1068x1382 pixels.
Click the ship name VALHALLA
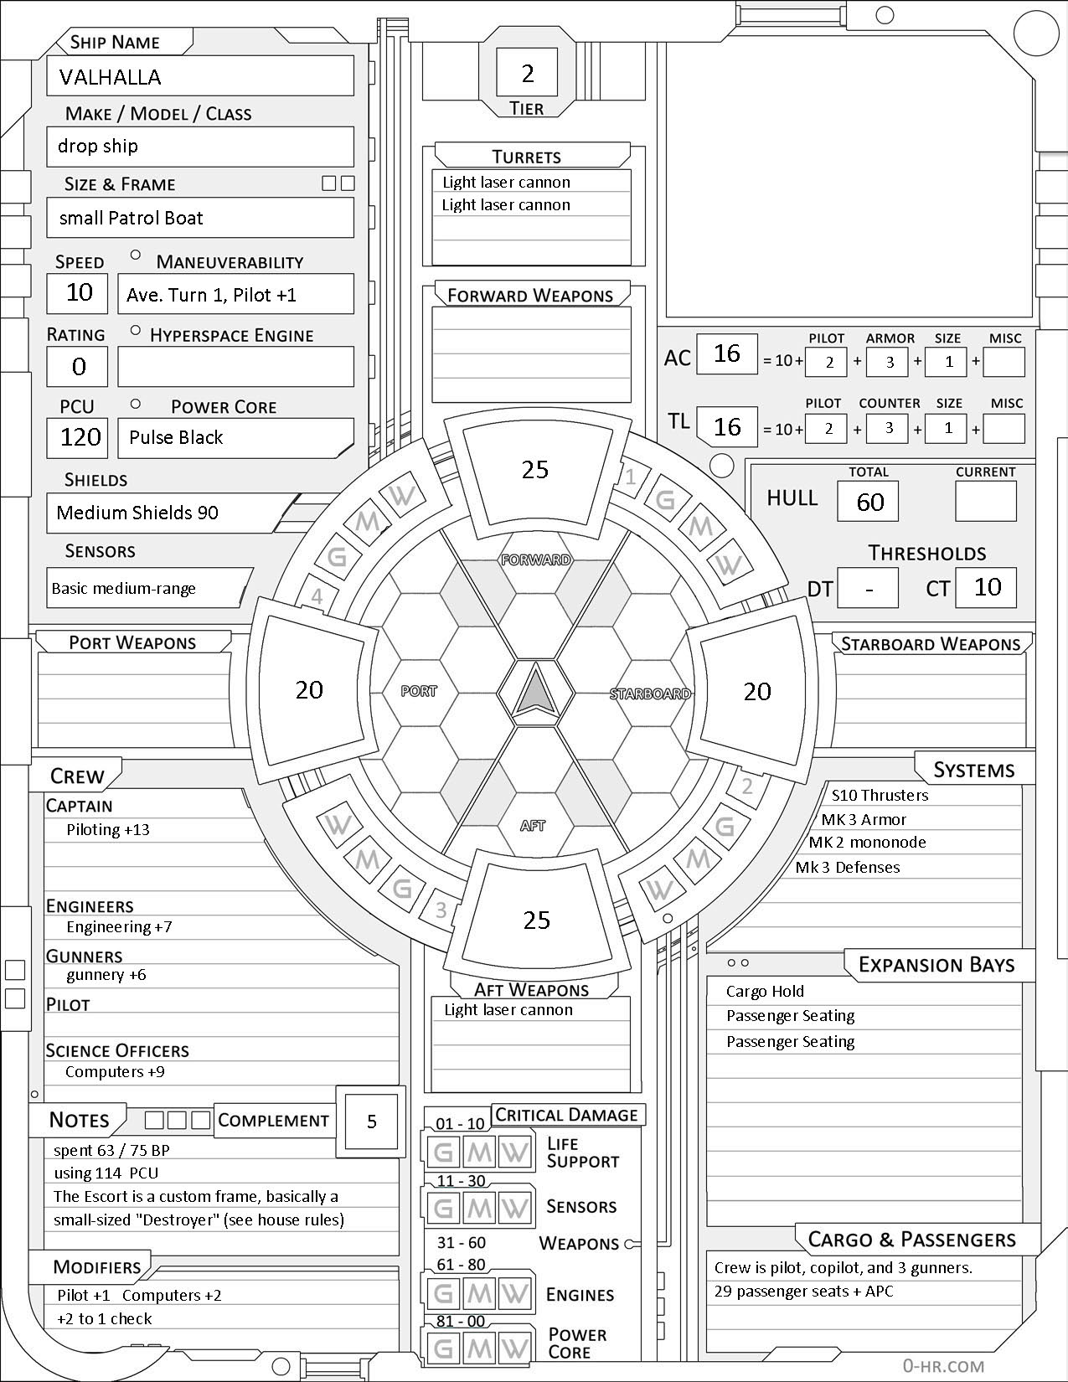(111, 77)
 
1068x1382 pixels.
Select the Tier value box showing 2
(528, 74)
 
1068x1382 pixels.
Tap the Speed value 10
(80, 292)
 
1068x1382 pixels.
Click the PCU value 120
(80, 437)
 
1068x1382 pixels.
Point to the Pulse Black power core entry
(176, 437)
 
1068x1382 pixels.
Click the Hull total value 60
(870, 502)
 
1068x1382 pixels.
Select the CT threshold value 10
(988, 587)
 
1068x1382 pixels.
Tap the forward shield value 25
(535, 470)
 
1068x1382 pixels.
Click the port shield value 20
(309, 689)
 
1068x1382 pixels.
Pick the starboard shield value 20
(757, 691)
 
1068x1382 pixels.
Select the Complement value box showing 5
(372, 1122)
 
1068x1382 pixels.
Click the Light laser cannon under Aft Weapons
(508, 1010)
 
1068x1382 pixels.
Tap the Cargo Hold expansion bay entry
(765, 992)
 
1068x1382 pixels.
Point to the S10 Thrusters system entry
(880, 796)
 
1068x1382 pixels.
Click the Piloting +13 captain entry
(108, 830)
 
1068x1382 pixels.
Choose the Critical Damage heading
(566, 1115)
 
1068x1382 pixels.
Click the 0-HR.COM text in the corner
(943, 1366)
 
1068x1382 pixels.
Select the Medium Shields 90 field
(137, 513)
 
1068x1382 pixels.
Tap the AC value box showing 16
(727, 353)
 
